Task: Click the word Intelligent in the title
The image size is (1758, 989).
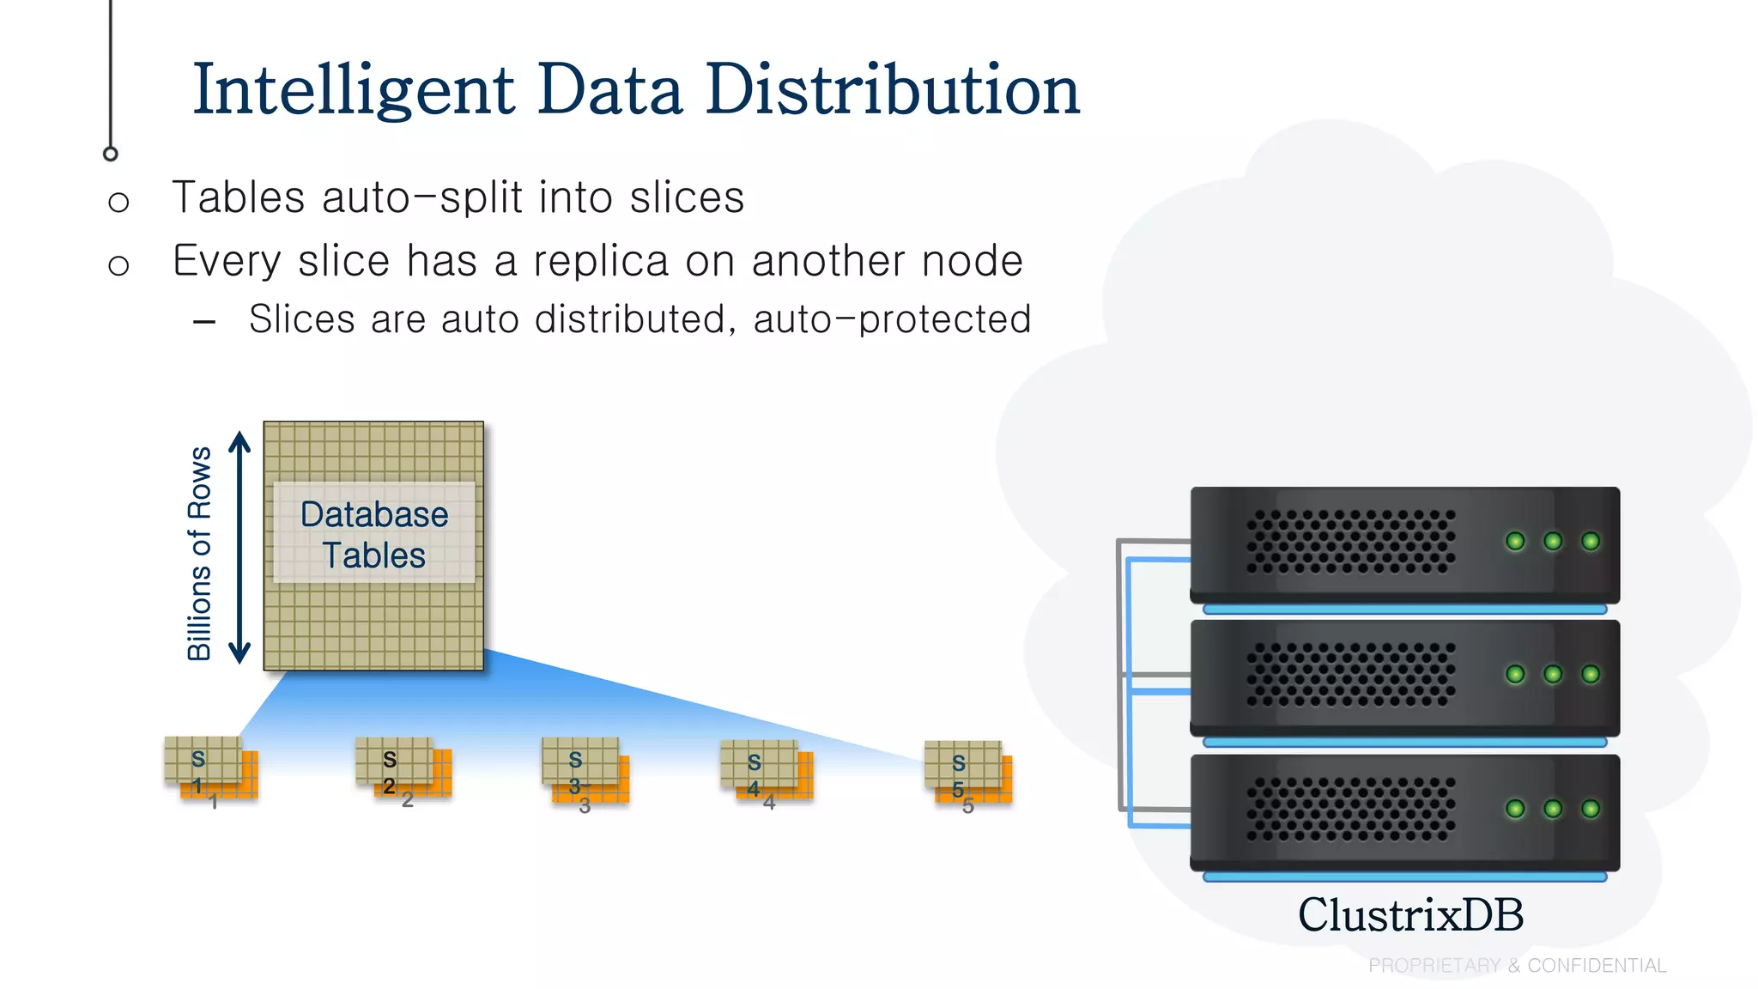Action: pos(354,91)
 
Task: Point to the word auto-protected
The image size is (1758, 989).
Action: pos(893,319)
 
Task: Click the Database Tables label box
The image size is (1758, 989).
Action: pos(374,534)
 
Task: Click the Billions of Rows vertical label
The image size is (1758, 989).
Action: pos(199,554)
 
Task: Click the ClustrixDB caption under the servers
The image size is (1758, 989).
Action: pos(1410,915)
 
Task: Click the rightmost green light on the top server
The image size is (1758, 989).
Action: pos(1590,541)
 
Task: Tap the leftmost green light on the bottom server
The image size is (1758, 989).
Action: pos(1515,809)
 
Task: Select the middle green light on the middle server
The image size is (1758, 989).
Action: pos(1553,674)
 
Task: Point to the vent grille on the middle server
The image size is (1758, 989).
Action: pos(1350,674)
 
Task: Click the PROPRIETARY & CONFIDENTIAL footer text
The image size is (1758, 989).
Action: pos(1517,966)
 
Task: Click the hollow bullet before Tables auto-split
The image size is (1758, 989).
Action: pos(118,203)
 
